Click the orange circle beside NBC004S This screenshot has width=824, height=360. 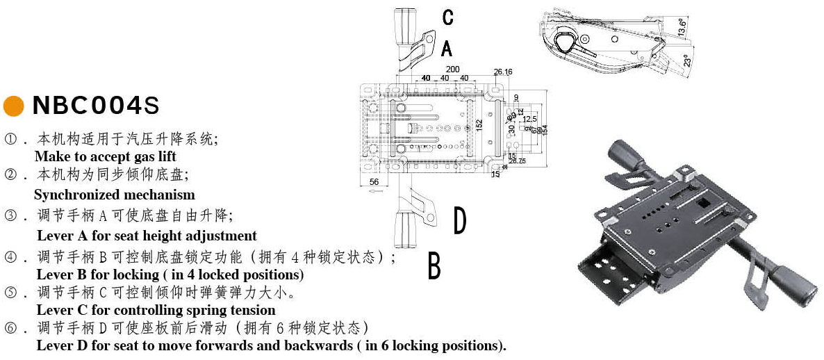tap(13, 106)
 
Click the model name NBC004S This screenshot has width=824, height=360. tap(96, 106)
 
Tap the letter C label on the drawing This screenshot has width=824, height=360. tap(448, 17)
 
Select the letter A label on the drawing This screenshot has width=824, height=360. tap(447, 48)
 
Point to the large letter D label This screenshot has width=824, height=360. tap(459, 221)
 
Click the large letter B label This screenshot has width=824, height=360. tap(434, 266)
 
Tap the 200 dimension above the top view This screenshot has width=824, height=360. tap(452, 69)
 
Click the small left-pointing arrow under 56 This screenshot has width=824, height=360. tap(376, 191)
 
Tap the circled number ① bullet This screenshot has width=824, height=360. tap(10, 138)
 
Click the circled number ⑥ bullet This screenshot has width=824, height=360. tap(10, 327)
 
